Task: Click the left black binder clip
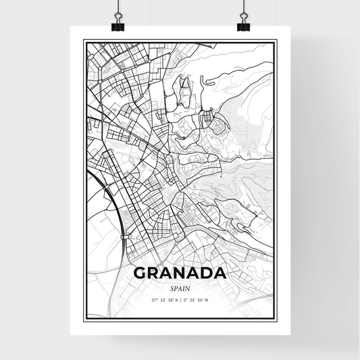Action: coord(116,26)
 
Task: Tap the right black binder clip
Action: coord(242,26)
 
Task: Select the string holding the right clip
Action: coord(242,8)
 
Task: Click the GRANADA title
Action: coord(179,274)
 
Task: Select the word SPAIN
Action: coord(179,288)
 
